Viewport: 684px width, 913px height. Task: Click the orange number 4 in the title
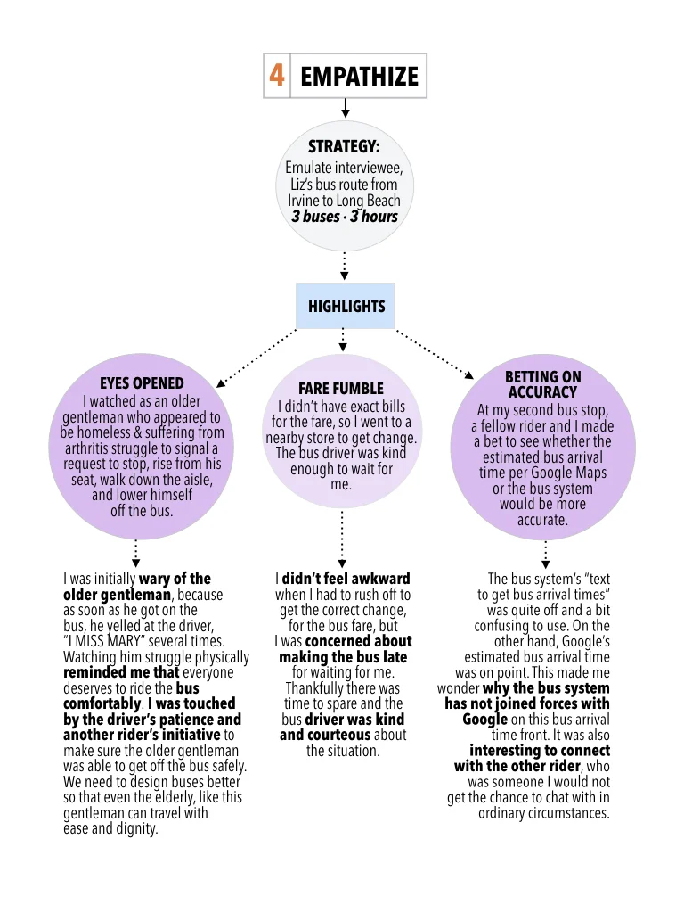click(277, 76)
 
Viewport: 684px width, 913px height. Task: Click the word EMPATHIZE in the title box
click(359, 77)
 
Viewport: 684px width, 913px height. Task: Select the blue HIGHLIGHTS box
click(346, 307)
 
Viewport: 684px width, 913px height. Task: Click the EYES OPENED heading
click(142, 384)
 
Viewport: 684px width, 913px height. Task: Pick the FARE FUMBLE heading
click(341, 389)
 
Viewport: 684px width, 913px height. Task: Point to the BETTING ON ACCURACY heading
click(542, 384)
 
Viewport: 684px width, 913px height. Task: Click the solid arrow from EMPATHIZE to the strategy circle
click(346, 108)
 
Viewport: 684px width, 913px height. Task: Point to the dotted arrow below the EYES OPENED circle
click(135, 552)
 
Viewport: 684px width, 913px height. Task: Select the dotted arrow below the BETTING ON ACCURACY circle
click(545, 554)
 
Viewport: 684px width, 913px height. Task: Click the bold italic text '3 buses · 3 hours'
click(345, 217)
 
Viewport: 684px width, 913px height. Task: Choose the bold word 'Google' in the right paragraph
click(485, 720)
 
